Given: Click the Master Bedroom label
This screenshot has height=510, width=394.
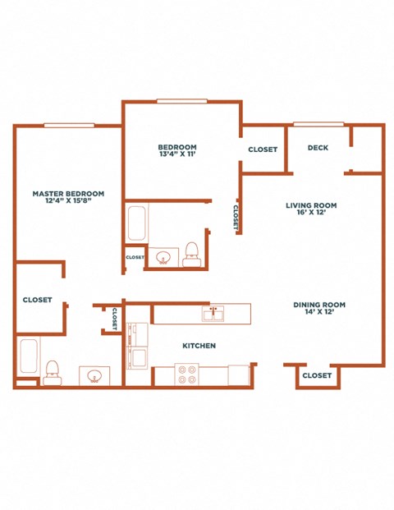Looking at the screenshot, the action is pyautogui.click(x=68, y=194).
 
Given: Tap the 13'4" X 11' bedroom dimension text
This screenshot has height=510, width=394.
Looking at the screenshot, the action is pyautogui.click(x=177, y=154).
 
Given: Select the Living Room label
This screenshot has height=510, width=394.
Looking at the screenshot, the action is pyautogui.click(x=311, y=205).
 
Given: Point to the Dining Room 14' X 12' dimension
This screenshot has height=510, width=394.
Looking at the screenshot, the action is pyautogui.click(x=319, y=311).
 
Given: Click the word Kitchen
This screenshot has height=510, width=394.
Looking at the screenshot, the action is pyautogui.click(x=199, y=346).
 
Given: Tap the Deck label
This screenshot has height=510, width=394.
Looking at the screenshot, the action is pyautogui.click(x=318, y=148).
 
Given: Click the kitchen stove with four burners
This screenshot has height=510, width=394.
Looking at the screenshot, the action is pyautogui.click(x=187, y=374).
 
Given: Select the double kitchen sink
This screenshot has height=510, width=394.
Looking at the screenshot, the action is pyautogui.click(x=213, y=314).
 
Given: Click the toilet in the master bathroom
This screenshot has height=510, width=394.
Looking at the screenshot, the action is pyautogui.click(x=53, y=373).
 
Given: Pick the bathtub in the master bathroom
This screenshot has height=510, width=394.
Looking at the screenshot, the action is pyautogui.click(x=29, y=356).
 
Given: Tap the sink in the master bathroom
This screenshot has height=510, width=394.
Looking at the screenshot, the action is pyautogui.click(x=94, y=376).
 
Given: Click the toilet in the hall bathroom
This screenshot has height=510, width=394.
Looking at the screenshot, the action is pyautogui.click(x=190, y=255).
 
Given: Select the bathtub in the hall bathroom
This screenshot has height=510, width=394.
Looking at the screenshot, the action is pyautogui.click(x=137, y=223).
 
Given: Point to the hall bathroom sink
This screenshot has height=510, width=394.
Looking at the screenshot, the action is pyautogui.click(x=163, y=257).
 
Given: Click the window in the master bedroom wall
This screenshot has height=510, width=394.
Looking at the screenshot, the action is pyautogui.click(x=69, y=126).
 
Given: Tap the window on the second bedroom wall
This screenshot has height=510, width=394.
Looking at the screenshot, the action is pyautogui.click(x=182, y=101).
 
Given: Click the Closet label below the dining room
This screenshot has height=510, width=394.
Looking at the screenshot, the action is pyautogui.click(x=317, y=375).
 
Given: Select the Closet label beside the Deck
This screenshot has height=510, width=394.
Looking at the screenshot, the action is pyautogui.click(x=263, y=149).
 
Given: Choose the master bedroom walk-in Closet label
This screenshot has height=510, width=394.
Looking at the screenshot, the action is pyautogui.click(x=38, y=300).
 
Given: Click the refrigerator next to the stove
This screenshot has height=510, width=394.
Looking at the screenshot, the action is pyautogui.click(x=239, y=375).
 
